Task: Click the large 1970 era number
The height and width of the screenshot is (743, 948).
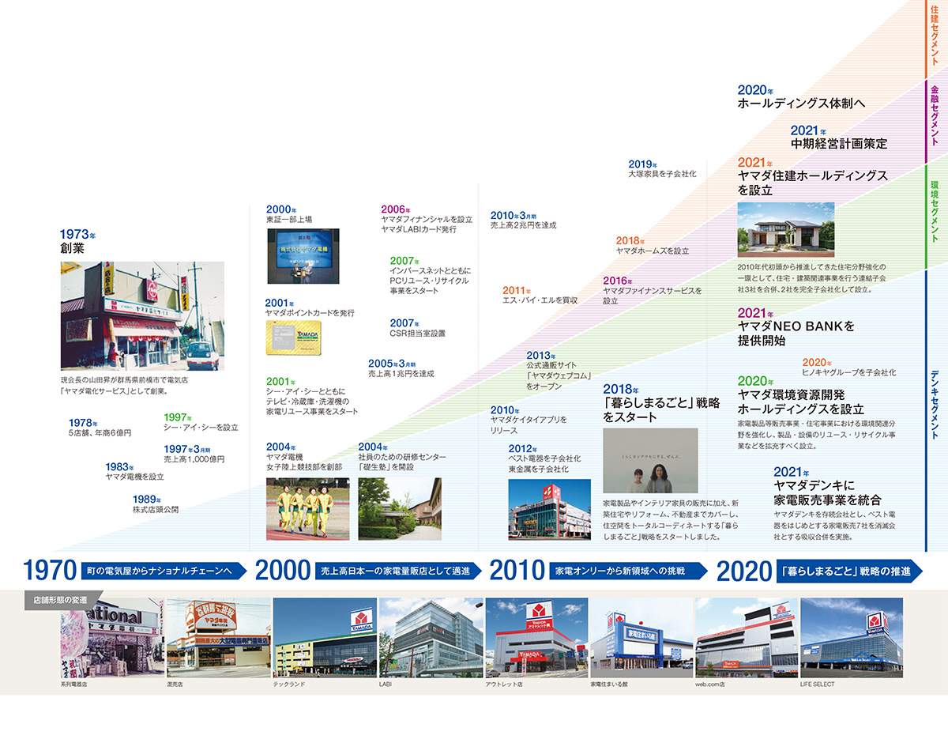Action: pyautogui.click(x=49, y=571)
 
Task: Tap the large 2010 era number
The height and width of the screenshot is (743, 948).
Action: pyautogui.click(x=517, y=571)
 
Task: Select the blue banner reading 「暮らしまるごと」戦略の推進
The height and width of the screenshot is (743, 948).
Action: pyautogui.click(x=845, y=571)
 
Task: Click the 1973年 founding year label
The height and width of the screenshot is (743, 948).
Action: pyautogui.click(x=77, y=235)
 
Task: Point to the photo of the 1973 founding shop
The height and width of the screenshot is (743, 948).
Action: pyautogui.click(x=142, y=316)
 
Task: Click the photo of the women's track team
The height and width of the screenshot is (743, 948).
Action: pyautogui.click(x=307, y=508)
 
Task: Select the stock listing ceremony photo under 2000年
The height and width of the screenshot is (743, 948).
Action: pyautogui.click(x=303, y=256)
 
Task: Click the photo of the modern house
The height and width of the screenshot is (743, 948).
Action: pyautogui.click(x=785, y=229)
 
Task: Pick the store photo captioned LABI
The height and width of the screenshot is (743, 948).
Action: pyautogui.click(x=431, y=637)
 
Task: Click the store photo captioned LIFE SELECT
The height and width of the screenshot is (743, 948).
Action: pyautogui.click(x=851, y=637)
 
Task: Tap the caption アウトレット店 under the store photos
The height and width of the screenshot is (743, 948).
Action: pyautogui.click(x=504, y=684)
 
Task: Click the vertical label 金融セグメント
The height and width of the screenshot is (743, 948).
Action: pyautogui.click(x=935, y=115)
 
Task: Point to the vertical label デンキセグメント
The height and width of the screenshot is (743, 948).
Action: pyautogui.click(x=935, y=403)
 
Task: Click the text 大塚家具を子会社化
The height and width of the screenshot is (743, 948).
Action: pyautogui.click(x=662, y=173)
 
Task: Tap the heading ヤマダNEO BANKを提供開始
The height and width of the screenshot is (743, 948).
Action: pyautogui.click(x=796, y=333)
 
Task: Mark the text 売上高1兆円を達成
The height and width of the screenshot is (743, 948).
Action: pyautogui.click(x=401, y=373)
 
